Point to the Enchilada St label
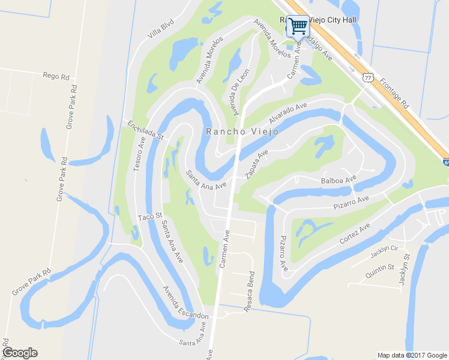145,130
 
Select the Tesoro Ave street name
139,154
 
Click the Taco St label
150,216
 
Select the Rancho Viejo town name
242,132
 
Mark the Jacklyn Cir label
384,252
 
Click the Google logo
20,353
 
